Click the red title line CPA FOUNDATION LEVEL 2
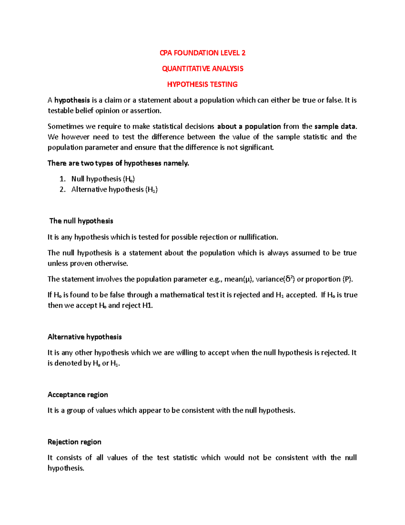click(x=202, y=53)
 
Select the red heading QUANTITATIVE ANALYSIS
click(x=202, y=69)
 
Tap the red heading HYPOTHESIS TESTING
click(x=202, y=85)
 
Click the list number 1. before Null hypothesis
click(x=62, y=179)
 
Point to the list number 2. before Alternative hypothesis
click(x=62, y=189)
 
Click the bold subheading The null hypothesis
click(x=81, y=221)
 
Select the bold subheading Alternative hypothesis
click(x=85, y=337)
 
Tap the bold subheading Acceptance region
click(x=78, y=395)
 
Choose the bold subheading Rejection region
click(x=74, y=442)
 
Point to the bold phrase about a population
click(x=249, y=126)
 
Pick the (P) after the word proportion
click(x=348, y=279)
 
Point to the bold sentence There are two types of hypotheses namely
click(x=118, y=163)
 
